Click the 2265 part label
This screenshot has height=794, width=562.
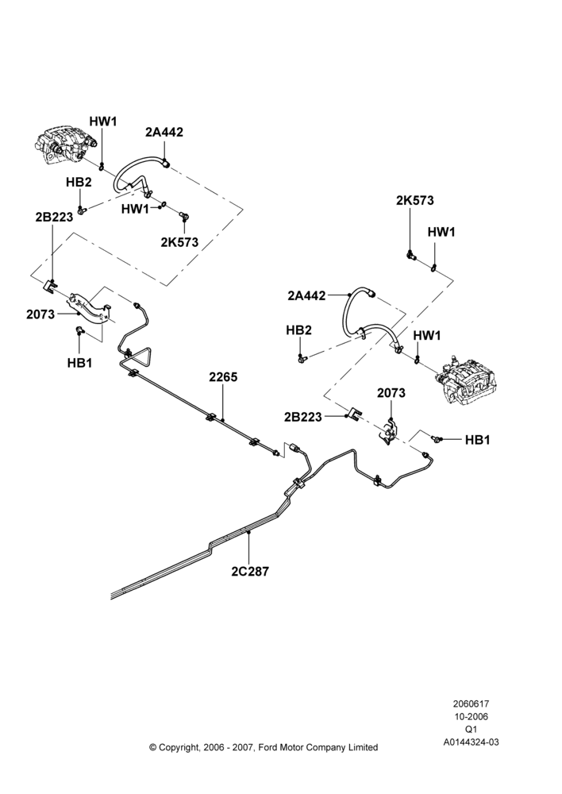pos(223,377)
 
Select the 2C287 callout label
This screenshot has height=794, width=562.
pos(250,571)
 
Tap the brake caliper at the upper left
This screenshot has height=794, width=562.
pos(65,145)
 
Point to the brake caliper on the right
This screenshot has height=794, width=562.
pos(466,381)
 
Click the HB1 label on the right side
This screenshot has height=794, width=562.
pos(477,440)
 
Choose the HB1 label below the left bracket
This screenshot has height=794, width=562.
pos(79,363)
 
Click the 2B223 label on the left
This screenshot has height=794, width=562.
pos(54,217)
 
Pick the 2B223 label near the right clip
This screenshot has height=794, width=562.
pos(302,417)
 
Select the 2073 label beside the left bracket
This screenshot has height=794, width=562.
pos(40,314)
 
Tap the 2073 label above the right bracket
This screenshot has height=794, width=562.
pos(391,393)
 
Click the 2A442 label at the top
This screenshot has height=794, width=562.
pos(164,132)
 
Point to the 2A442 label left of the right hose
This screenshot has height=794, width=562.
pos(307,295)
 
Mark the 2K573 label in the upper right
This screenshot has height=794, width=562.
pos(415,201)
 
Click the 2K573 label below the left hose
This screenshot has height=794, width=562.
pos(179,242)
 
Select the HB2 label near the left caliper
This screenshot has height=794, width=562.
pos(79,183)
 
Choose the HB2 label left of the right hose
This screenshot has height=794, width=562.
pos(298,330)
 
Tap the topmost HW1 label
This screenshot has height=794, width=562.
pos(103,121)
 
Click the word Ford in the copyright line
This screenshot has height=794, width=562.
pos(268,747)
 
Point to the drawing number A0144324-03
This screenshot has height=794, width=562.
pos(471,742)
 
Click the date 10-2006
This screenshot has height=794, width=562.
pos(471,716)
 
